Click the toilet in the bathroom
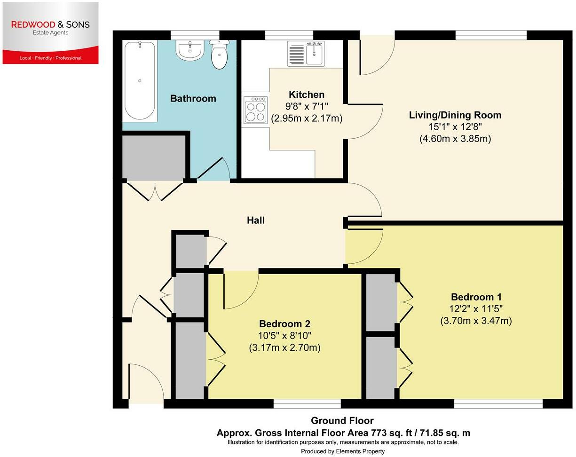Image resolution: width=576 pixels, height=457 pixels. (219, 55)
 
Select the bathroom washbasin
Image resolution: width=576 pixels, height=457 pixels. (189, 50)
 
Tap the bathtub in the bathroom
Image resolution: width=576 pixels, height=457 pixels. (140, 81)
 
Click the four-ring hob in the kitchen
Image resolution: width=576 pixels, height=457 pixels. (255, 110)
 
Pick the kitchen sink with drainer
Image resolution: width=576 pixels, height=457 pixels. (306, 53)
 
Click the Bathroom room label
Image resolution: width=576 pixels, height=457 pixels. (193, 98)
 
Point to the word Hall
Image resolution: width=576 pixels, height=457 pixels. (256, 220)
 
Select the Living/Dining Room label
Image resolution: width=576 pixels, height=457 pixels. (455, 115)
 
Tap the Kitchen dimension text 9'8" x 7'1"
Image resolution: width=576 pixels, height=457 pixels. (306, 107)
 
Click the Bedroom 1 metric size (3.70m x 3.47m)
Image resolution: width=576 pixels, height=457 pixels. (476, 321)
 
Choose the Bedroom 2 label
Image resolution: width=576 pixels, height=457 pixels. (284, 324)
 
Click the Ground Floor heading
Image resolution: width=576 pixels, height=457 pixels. (342, 421)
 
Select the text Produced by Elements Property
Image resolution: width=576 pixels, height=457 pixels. (343, 451)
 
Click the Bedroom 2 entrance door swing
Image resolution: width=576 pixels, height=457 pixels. (241, 291)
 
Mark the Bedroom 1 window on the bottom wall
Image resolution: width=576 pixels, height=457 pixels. (498, 403)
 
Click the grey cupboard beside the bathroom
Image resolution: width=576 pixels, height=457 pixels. (154, 157)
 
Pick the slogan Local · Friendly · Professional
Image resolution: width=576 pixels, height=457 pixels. (51, 58)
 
